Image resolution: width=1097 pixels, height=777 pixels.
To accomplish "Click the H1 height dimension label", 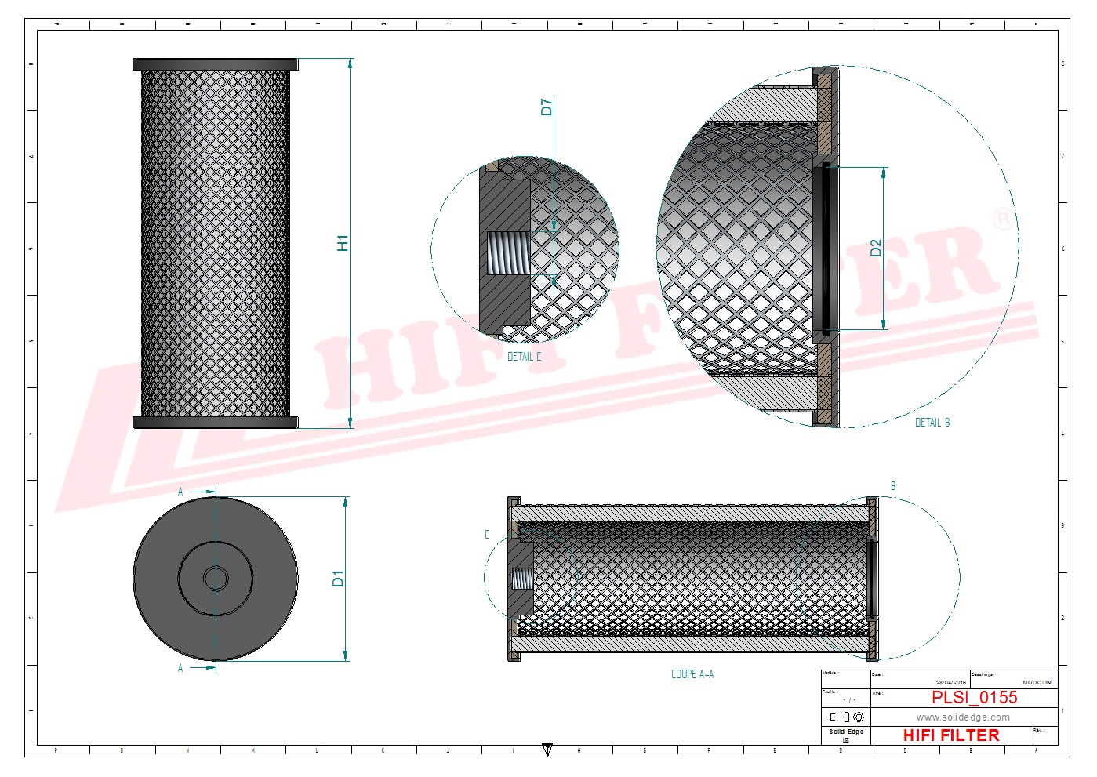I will (x=343, y=243).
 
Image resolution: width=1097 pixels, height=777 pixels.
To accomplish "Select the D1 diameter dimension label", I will (x=338, y=579).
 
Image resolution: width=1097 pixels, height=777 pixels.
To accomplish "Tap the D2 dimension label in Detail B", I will (x=876, y=248).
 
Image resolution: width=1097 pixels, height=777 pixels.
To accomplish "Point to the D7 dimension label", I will (x=547, y=107).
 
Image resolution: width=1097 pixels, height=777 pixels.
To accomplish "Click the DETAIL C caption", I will (x=524, y=357).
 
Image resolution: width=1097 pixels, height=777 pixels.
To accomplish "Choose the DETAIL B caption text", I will (x=932, y=423).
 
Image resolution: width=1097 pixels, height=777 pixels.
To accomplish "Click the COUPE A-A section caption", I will (x=692, y=674).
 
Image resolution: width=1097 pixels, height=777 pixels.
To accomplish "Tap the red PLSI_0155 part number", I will (x=974, y=697).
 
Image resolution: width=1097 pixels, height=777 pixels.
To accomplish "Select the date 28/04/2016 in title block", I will (x=951, y=683).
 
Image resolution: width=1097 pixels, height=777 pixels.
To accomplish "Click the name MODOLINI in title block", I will (x=1037, y=683).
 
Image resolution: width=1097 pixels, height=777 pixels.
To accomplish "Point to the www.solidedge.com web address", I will (x=963, y=717).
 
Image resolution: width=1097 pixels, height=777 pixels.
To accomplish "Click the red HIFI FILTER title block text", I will (x=951, y=735).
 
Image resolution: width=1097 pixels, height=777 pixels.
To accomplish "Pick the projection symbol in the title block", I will (x=847, y=717).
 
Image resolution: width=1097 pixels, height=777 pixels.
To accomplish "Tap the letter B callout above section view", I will (x=893, y=486).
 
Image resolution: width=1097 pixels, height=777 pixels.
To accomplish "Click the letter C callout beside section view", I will (x=487, y=535).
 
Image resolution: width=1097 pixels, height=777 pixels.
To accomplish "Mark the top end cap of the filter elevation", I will (x=215, y=64).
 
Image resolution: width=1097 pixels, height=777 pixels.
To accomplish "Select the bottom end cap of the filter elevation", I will (x=215, y=423).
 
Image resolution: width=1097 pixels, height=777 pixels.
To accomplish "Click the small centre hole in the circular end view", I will (x=215, y=579).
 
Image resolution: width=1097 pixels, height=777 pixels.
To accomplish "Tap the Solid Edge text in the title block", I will (x=846, y=732).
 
